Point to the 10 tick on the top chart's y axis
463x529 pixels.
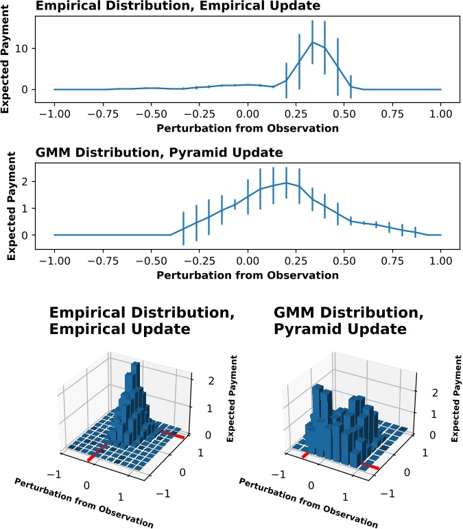tap(32, 48)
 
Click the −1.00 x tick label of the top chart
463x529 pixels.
tap(54, 115)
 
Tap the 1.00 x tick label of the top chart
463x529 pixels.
tap(440, 115)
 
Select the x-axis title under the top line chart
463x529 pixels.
tap(248, 128)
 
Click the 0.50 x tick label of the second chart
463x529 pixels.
tap(344, 261)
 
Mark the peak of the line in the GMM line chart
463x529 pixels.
tap(286, 183)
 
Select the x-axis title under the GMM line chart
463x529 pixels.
tap(248, 275)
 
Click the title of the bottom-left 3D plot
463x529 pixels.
tap(119, 320)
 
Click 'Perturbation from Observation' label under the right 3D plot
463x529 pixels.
tap(308, 502)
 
